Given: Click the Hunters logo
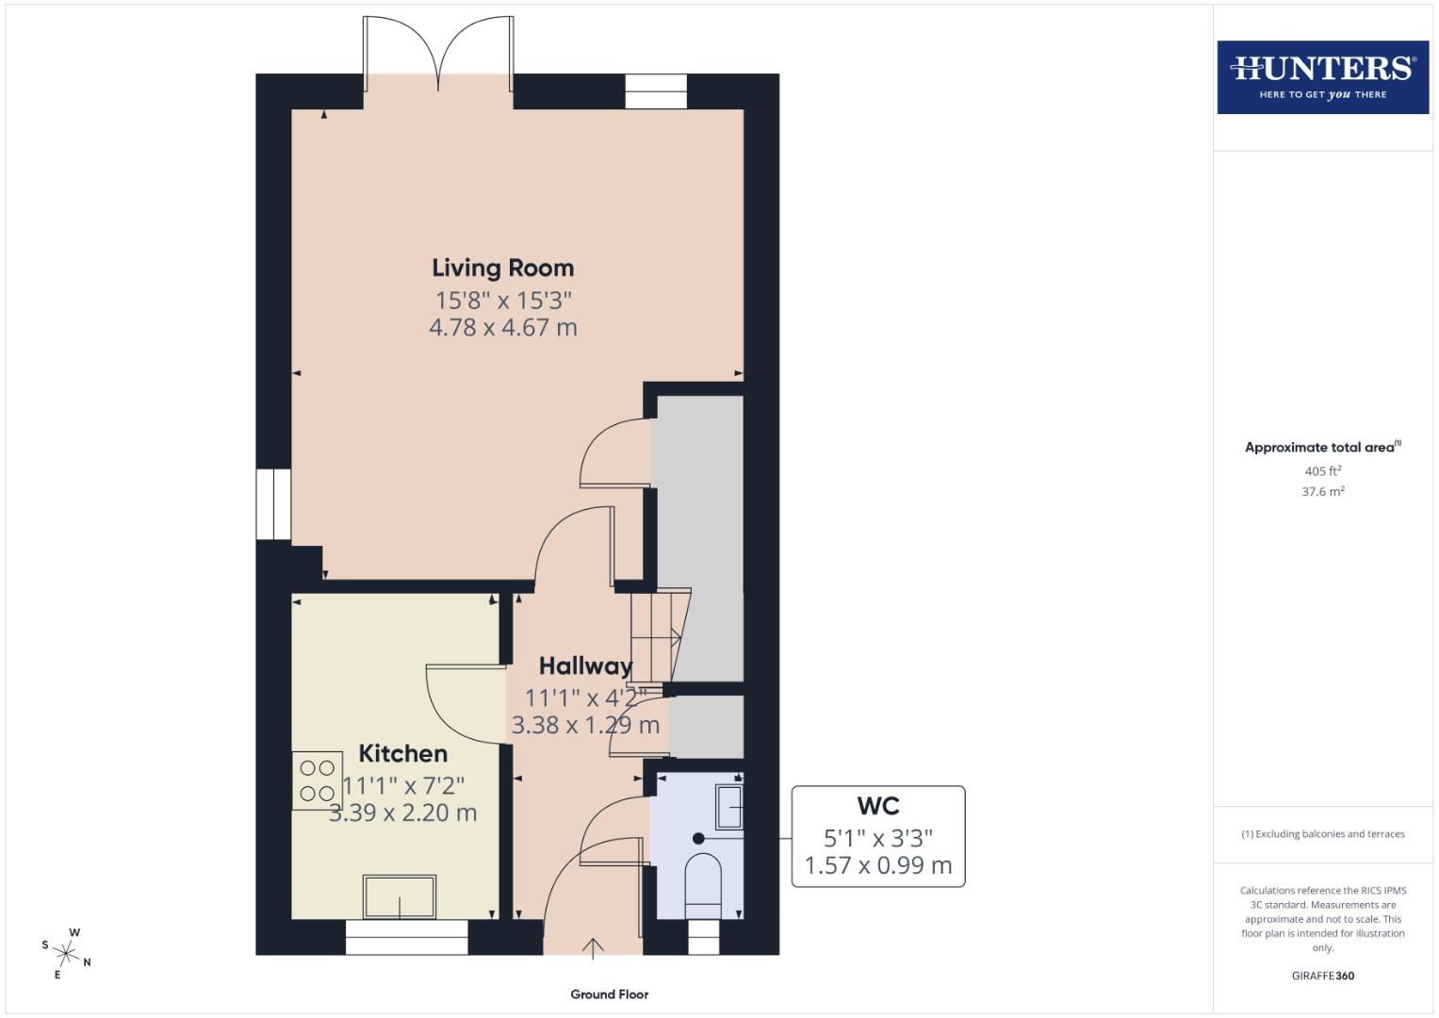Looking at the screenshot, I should (x=1322, y=76).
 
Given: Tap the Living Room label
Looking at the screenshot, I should (x=502, y=268).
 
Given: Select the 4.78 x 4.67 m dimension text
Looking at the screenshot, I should (x=502, y=327).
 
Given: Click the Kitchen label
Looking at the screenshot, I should (x=402, y=753).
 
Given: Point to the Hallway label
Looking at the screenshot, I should (x=585, y=665).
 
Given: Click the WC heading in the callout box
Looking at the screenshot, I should (x=877, y=806).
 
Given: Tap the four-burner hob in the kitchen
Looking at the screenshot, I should (x=317, y=780).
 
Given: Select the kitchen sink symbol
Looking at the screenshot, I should (x=400, y=896).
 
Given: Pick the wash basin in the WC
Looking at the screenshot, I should (x=729, y=807).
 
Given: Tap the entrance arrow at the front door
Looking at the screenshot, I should (x=593, y=947).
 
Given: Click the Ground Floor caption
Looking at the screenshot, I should (x=609, y=993).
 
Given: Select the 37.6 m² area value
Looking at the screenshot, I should (x=1322, y=491).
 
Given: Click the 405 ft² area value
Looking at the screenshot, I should (x=1322, y=470).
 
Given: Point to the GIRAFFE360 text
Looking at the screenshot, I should (x=1322, y=976).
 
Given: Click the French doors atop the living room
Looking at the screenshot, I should (x=438, y=57).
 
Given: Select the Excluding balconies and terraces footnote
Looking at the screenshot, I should (x=1322, y=833).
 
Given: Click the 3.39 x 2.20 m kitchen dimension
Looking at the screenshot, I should (x=402, y=813).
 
